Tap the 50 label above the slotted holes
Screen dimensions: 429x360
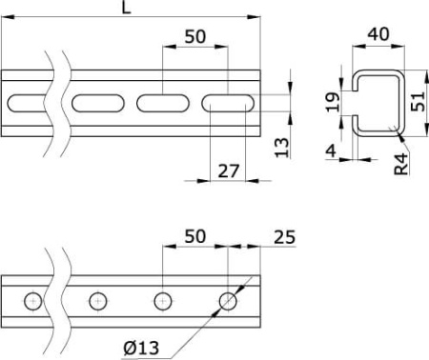tap(195, 36)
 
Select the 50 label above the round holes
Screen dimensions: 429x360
tap(195, 236)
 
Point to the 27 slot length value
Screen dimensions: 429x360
tap(228, 171)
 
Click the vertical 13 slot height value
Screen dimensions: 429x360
tap(282, 148)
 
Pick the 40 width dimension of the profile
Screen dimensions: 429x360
tap(378, 34)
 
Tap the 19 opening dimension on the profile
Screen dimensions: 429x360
tap(333, 102)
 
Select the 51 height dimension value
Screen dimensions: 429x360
tap(418, 102)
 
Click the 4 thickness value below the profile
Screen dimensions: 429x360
tap(332, 150)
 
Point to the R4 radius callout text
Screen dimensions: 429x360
tap(401, 164)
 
